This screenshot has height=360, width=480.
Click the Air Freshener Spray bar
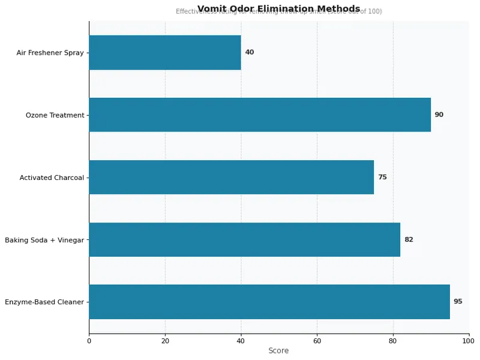click(x=165, y=52)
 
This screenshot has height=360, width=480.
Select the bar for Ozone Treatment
click(x=260, y=115)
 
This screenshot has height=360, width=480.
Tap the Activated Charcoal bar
click(x=231, y=177)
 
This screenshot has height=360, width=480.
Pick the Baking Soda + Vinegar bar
click(x=244, y=239)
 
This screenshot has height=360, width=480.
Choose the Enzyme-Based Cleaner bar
click(x=269, y=302)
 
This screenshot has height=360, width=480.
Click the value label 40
click(x=250, y=52)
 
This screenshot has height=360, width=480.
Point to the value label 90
click(x=439, y=115)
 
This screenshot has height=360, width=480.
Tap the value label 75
click(x=382, y=177)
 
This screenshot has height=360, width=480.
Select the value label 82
click(x=409, y=239)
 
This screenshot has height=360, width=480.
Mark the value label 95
click(x=458, y=302)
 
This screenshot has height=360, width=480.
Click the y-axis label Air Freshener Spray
click(x=50, y=53)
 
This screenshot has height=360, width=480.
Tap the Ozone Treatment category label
click(x=55, y=115)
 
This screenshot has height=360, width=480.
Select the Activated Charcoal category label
click(x=52, y=178)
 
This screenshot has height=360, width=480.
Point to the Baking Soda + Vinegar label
click(x=44, y=240)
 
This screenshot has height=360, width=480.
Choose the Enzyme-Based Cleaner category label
click(x=44, y=302)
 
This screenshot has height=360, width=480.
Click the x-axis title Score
click(x=278, y=351)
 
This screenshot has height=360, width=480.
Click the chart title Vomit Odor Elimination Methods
click(x=278, y=8)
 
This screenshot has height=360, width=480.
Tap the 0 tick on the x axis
click(x=89, y=341)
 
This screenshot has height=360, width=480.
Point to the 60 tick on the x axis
click(x=317, y=341)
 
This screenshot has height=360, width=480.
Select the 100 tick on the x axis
click(x=469, y=341)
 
